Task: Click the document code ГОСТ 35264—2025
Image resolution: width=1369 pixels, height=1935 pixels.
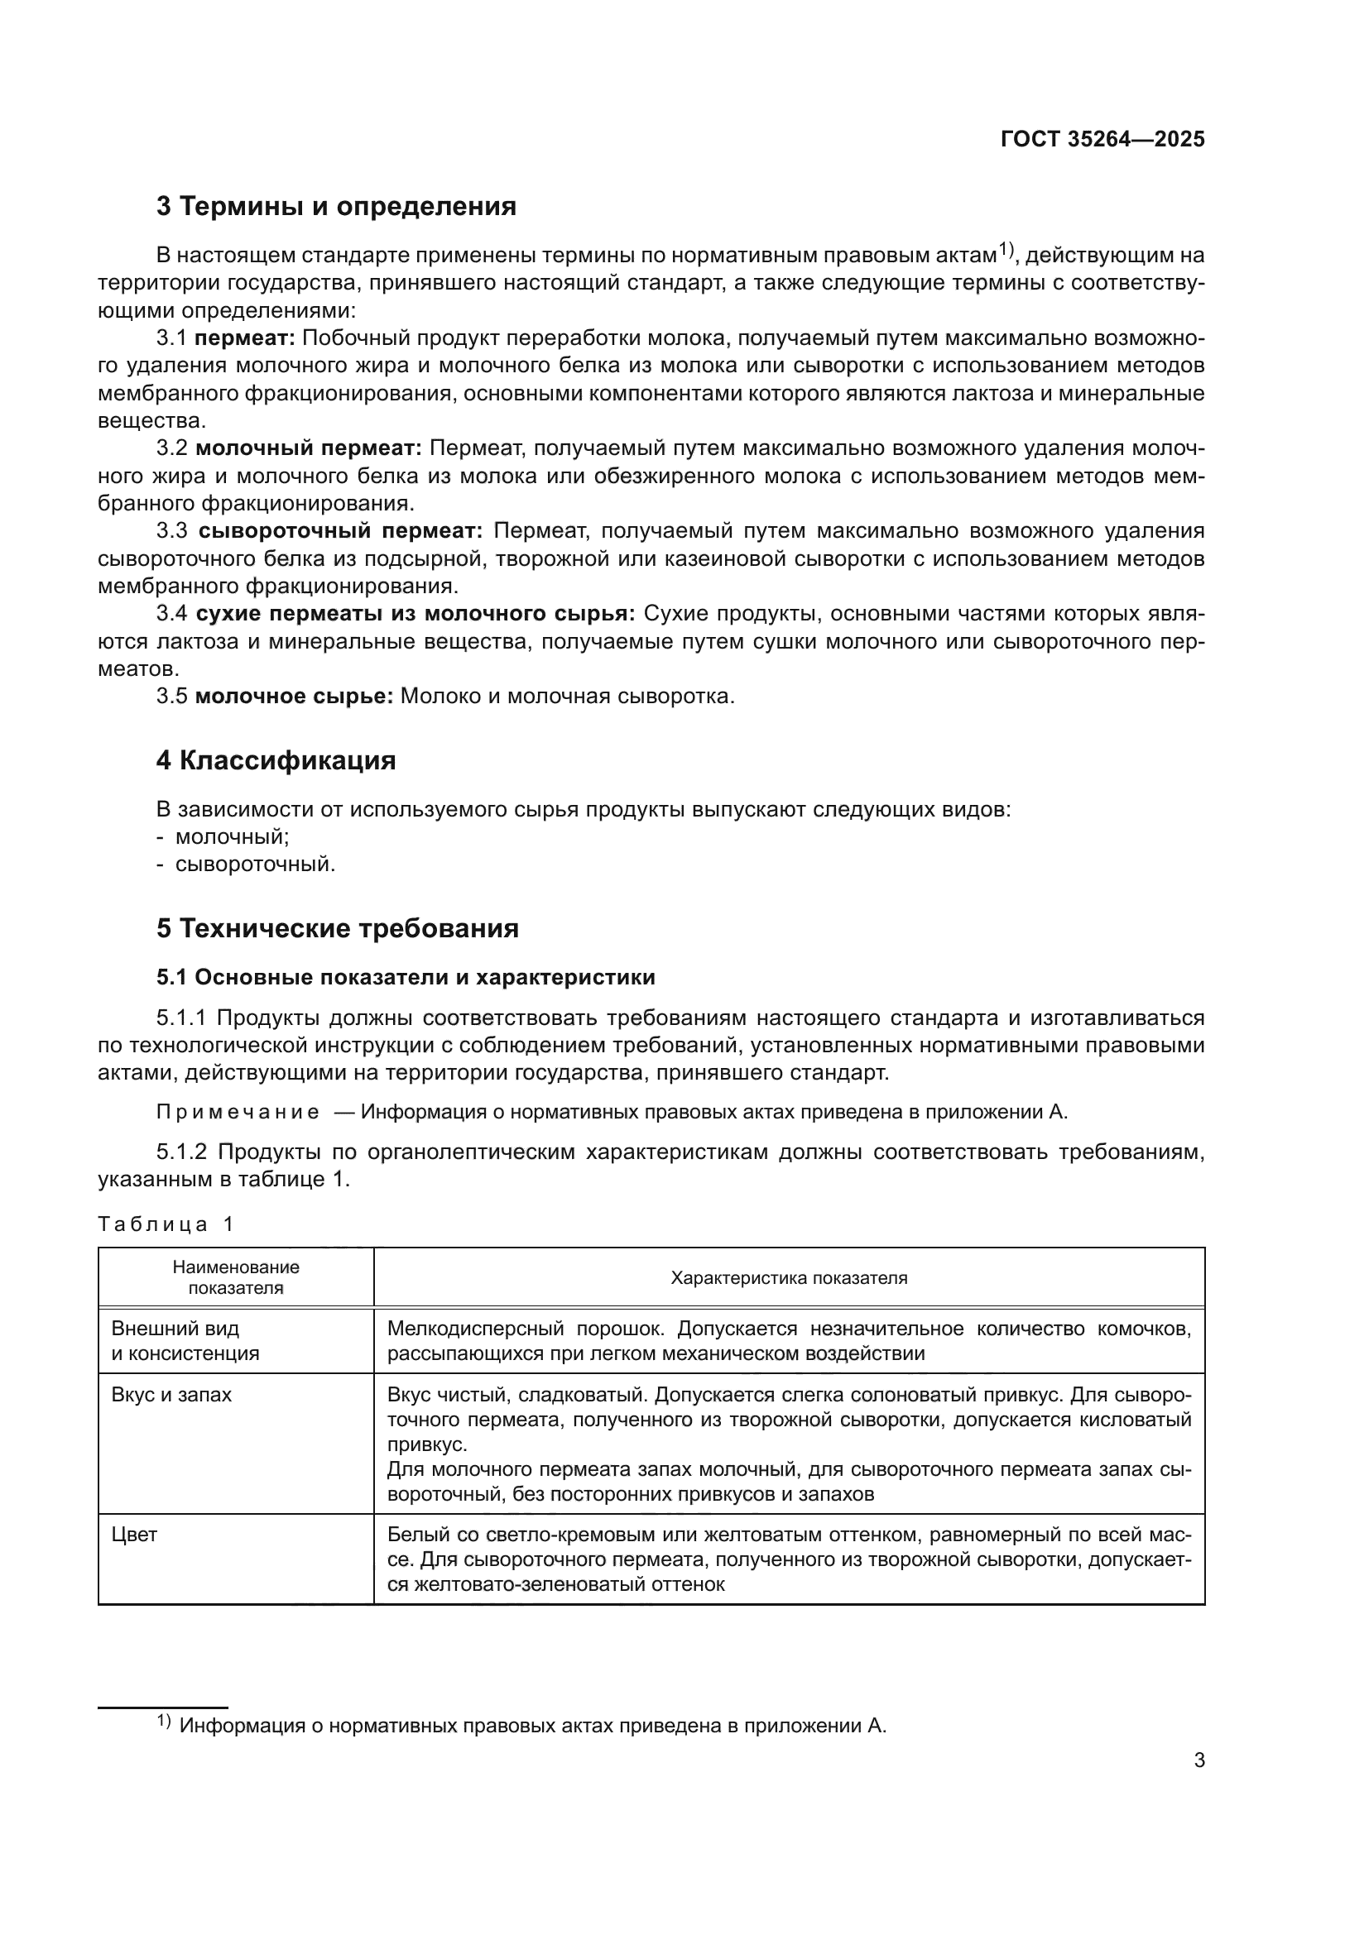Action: coord(1102,140)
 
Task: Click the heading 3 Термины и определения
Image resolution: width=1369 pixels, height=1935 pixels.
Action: coord(335,207)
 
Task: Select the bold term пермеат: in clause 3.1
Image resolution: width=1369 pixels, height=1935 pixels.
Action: coord(244,339)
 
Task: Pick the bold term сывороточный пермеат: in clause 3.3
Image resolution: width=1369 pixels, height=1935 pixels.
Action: coord(339,531)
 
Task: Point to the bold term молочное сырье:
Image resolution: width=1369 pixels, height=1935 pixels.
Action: coord(294,697)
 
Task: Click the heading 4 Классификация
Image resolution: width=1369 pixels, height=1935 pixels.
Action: coord(276,761)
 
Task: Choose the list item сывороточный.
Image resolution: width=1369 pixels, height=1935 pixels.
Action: coord(255,865)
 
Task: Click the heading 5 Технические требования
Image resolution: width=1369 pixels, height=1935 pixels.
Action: coord(337,929)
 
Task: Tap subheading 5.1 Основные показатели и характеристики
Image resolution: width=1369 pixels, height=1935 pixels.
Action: coord(406,978)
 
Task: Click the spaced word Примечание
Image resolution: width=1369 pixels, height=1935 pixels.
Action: coord(238,1113)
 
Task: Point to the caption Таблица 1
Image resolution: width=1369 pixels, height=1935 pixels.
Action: coord(166,1224)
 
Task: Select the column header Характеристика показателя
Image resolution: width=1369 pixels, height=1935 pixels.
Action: coord(788,1277)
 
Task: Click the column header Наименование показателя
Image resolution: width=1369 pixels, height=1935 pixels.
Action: coord(236,1277)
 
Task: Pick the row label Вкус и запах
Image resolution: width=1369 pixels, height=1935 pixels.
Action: coord(172,1395)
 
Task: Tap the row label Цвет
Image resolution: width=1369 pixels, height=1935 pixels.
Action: coord(135,1535)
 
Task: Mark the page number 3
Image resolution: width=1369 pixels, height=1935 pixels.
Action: coord(1198,1760)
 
